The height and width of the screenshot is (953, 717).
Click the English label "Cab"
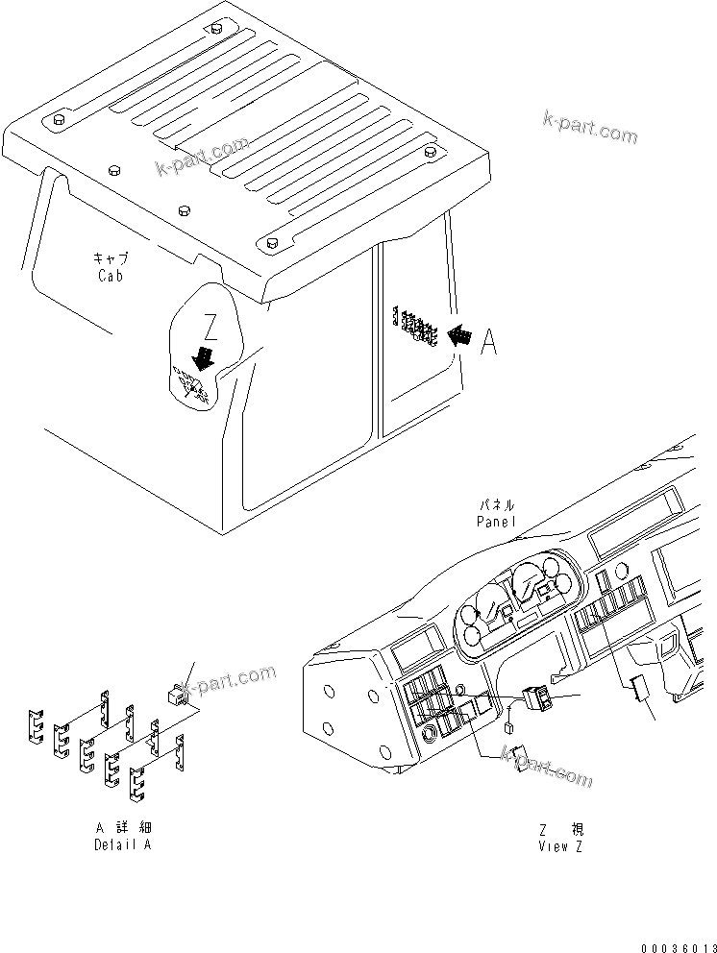tap(111, 275)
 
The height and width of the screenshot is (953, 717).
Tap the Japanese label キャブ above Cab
tap(111, 259)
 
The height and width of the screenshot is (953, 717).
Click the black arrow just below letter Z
tap(203, 358)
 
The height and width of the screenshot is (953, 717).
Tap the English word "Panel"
tap(496, 521)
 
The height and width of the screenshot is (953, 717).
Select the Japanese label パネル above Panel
tap(496, 505)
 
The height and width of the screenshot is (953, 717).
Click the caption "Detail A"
tap(122, 844)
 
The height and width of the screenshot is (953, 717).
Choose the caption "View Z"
tap(560, 845)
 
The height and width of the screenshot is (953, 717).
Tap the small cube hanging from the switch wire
tap(507, 730)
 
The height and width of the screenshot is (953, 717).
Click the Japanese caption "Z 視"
tap(560, 829)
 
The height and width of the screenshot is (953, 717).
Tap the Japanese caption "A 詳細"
tap(122, 828)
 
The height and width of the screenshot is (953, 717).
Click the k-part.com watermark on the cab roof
tap(203, 158)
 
